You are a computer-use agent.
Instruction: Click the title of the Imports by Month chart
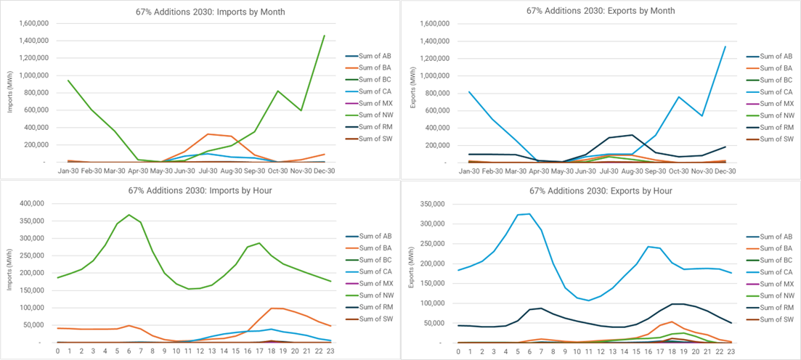[x=200, y=12]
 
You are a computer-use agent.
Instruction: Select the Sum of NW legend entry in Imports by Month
[x=370, y=115]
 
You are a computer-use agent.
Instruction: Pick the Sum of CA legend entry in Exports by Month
[x=770, y=91]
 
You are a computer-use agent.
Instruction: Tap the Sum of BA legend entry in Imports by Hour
[x=370, y=247]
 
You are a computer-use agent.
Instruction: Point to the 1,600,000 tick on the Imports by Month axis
[x=30, y=23]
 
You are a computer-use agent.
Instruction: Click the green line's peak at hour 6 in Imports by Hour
[x=129, y=215]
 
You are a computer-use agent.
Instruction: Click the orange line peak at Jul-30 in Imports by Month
[x=209, y=134]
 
